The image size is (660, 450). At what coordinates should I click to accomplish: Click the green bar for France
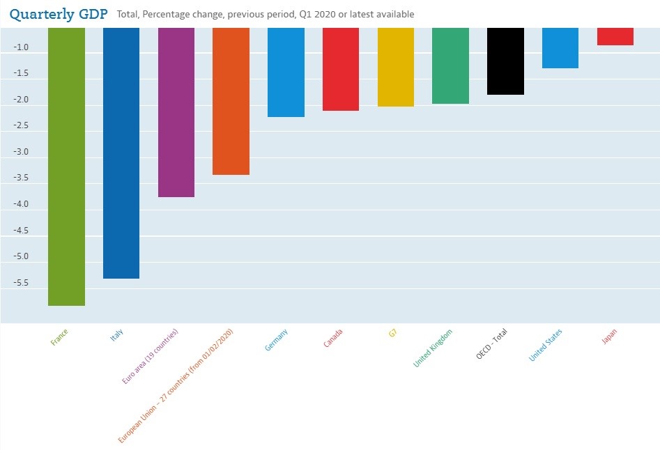pos(66,167)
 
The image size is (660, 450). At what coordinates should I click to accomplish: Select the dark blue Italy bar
pos(121,153)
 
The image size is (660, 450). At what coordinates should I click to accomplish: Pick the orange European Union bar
pos(231,101)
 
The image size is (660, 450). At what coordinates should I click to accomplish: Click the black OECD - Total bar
pos(505,61)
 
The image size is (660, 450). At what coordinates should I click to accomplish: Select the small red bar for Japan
pos(615,37)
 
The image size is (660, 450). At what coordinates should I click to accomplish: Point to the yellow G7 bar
pos(396,68)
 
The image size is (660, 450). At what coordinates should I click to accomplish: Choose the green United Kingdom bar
pos(450,66)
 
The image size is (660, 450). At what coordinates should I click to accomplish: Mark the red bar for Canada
pos(341,70)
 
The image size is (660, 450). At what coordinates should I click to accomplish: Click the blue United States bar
pos(560,48)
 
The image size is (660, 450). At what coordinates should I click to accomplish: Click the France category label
pos(59,338)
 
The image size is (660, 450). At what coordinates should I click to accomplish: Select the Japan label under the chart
pos(608,336)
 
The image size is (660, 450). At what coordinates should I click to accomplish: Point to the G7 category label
pos(393,332)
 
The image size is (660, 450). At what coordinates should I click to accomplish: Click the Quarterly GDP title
pos(59,13)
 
